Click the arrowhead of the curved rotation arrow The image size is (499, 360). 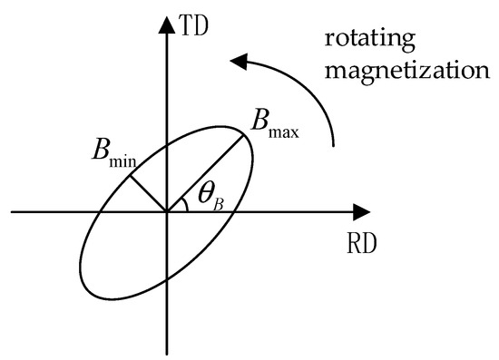239,62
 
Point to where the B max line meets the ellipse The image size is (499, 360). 247,132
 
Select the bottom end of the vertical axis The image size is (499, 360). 167,351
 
